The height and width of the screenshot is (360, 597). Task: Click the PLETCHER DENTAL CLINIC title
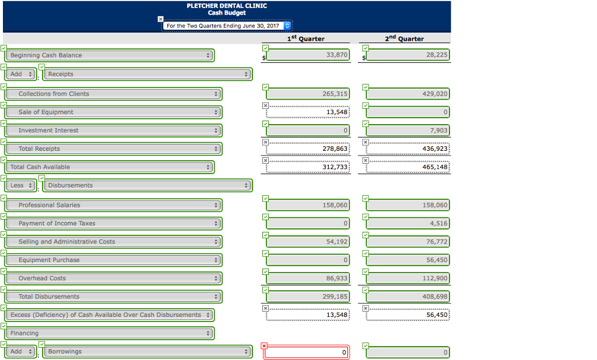pyautogui.click(x=227, y=6)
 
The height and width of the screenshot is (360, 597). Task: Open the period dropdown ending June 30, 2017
pyautogui.click(x=227, y=26)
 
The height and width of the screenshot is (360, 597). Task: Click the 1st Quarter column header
pyautogui.click(x=306, y=38)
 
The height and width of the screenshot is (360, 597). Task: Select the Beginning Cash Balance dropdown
pyautogui.click(x=110, y=55)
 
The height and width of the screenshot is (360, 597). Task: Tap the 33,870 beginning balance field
pyautogui.click(x=308, y=55)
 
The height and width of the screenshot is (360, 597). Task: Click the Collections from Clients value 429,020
pyautogui.click(x=408, y=94)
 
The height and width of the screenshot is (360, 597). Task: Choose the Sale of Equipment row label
pyautogui.click(x=113, y=112)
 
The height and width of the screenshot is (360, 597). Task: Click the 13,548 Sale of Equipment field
pyautogui.click(x=308, y=112)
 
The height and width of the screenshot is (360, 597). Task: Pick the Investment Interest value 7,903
pyautogui.click(x=408, y=130)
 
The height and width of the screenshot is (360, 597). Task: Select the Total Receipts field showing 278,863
pyautogui.click(x=308, y=149)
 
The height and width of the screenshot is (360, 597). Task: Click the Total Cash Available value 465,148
pyautogui.click(x=408, y=167)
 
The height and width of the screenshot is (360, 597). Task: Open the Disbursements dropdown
pyautogui.click(x=148, y=185)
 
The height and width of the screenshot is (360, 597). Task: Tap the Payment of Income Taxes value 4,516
pyautogui.click(x=408, y=223)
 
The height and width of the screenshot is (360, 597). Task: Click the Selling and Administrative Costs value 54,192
pyautogui.click(x=308, y=242)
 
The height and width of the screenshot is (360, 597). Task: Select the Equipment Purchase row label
pyautogui.click(x=113, y=260)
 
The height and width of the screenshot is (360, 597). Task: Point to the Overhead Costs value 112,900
pyautogui.click(x=408, y=278)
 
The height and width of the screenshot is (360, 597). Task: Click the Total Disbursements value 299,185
pyautogui.click(x=308, y=297)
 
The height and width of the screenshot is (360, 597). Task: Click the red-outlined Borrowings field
pyautogui.click(x=308, y=352)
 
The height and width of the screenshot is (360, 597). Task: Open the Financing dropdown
pyautogui.click(x=110, y=333)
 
